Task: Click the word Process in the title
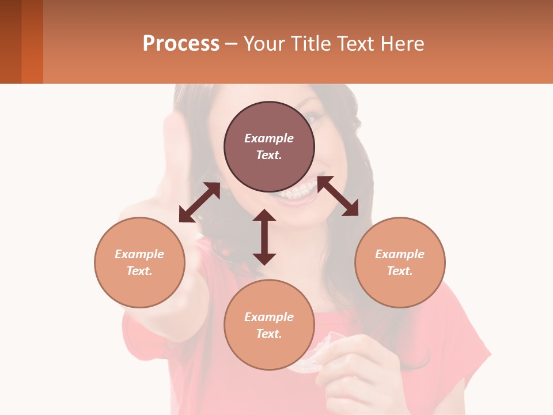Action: [x=181, y=44]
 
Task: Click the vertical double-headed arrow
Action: [x=264, y=237]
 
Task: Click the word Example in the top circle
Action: [x=269, y=138]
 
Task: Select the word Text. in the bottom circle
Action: [x=269, y=334]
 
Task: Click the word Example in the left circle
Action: [x=139, y=254]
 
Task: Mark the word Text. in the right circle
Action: [x=400, y=271]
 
